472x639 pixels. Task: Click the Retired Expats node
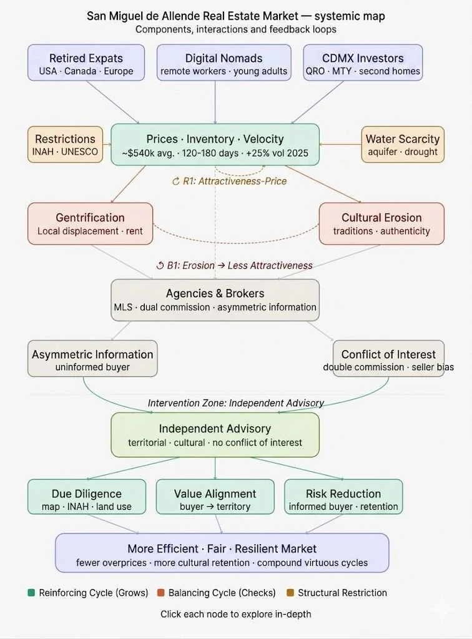pyautogui.click(x=87, y=64)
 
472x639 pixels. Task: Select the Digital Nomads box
pyautogui.click(x=224, y=64)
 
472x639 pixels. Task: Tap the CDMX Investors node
pyautogui.click(x=363, y=64)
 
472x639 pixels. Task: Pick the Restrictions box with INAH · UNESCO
pyautogui.click(x=65, y=145)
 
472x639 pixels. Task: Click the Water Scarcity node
pyautogui.click(x=403, y=145)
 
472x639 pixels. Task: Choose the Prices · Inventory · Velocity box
pyautogui.click(x=215, y=145)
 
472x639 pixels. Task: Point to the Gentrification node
pyautogui.click(x=90, y=223)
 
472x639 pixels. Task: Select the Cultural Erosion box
pyautogui.click(x=381, y=223)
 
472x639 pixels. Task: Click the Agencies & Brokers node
pyautogui.click(x=215, y=300)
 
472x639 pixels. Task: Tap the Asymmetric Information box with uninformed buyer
pyautogui.click(x=92, y=359)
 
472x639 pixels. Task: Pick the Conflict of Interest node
pyautogui.click(x=388, y=359)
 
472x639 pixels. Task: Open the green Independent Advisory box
pyautogui.click(x=215, y=435)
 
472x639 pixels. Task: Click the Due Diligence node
pyautogui.click(x=87, y=499)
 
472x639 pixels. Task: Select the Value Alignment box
pyautogui.click(x=215, y=499)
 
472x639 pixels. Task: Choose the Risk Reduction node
pyautogui.click(x=343, y=499)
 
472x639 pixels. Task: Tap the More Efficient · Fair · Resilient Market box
pyautogui.click(x=222, y=554)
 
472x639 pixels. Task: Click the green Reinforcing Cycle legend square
pyautogui.click(x=32, y=593)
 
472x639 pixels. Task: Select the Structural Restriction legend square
pyautogui.click(x=290, y=593)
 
